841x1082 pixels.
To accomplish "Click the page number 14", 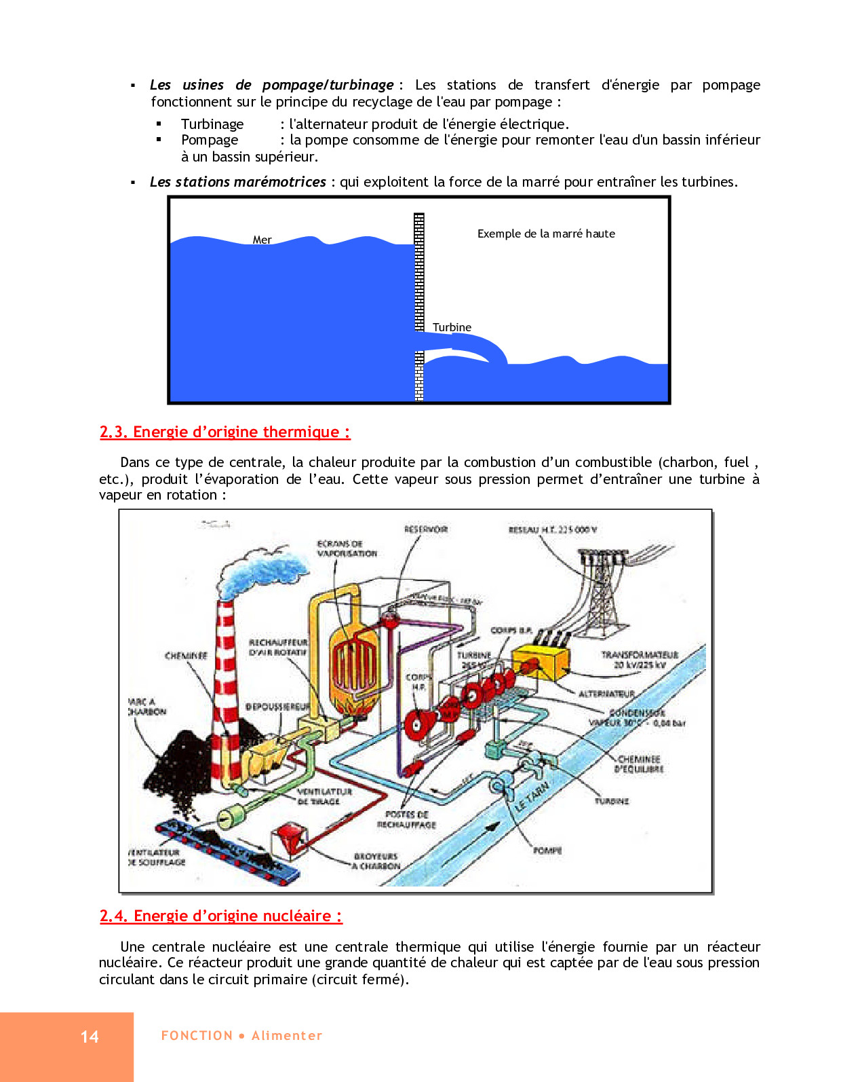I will click(90, 1037).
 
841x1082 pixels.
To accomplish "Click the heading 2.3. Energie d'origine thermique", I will click(224, 432).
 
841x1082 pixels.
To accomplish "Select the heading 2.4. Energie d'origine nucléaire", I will click(220, 916).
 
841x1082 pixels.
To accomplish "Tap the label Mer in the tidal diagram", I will click(262, 240).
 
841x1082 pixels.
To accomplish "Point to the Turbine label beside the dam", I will click(452, 327).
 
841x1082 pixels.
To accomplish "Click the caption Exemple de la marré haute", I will click(546, 234).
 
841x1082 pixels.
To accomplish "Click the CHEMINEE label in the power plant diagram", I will click(186, 656).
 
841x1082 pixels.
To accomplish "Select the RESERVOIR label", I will click(426, 529).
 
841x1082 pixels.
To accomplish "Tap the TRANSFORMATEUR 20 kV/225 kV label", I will click(639, 660).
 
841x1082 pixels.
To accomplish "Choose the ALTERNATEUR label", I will click(606, 694).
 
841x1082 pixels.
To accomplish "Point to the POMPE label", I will click(547, 851).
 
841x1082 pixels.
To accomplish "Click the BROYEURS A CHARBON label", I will click(376, 861).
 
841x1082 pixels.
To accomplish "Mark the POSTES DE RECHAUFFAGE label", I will click(407, 819).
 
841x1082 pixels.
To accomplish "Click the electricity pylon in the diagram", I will click(600, 591).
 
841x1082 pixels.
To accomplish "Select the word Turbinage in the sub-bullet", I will click(212, 124).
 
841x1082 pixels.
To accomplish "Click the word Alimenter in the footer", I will click(287, 1036).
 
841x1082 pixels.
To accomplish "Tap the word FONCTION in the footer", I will click(197, 1036).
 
